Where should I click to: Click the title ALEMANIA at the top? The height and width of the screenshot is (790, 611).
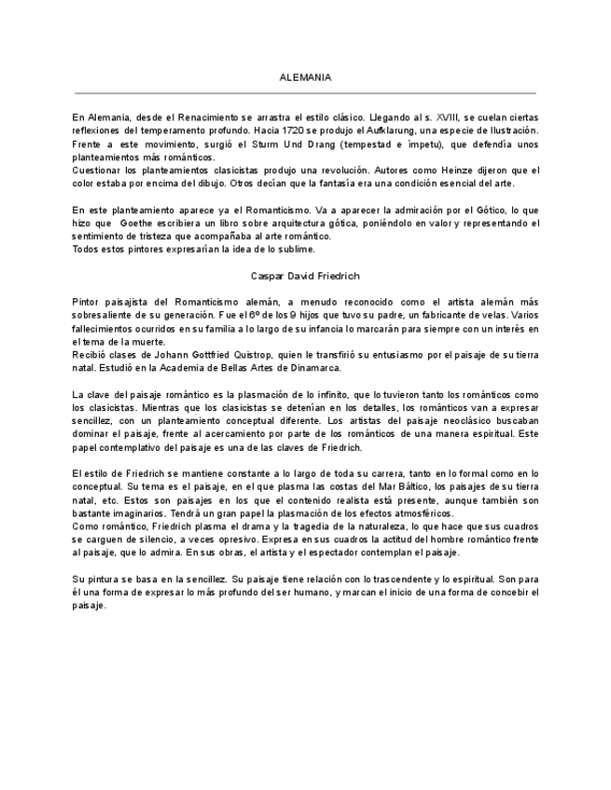point(305,77)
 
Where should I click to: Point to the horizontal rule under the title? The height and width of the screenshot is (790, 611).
point(305,94)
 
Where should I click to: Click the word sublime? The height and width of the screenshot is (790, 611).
point(297,249)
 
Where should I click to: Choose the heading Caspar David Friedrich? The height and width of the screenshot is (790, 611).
point(305,277)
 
